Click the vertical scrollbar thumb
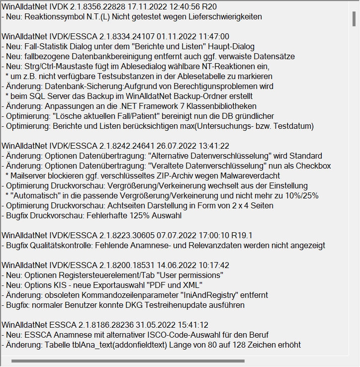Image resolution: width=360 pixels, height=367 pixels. click(x=354, y=18)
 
